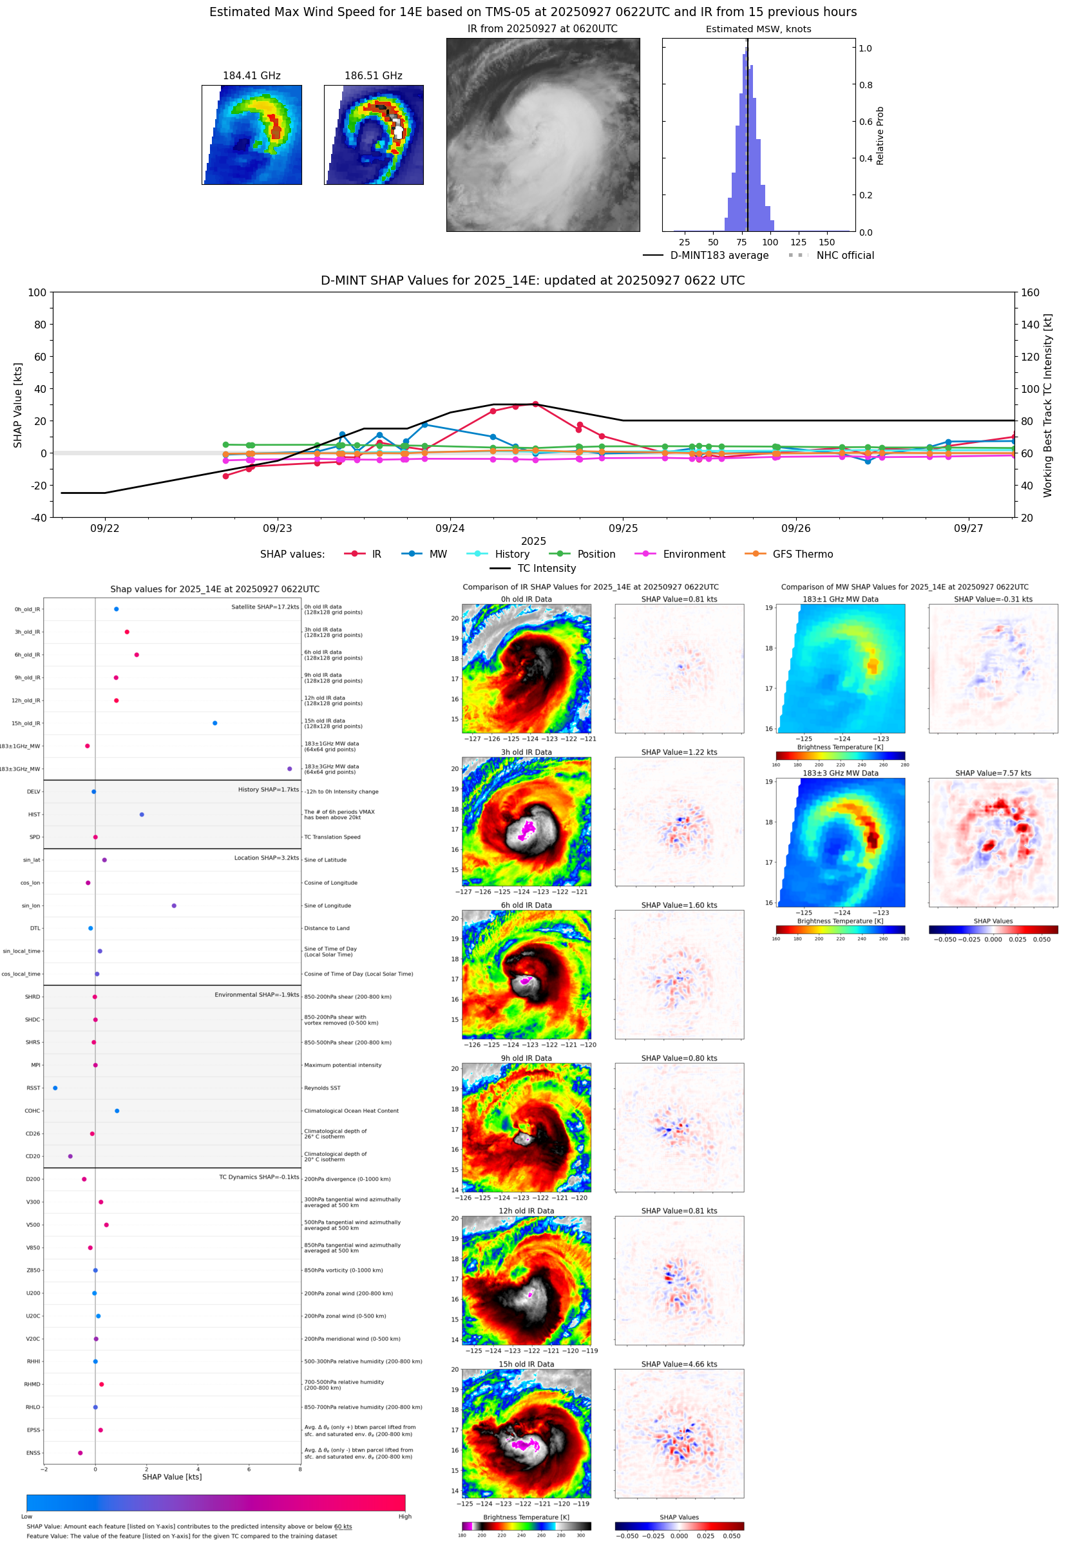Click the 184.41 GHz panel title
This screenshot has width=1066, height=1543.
251,76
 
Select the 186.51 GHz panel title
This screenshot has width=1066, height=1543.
373,76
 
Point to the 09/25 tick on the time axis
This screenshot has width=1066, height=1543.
622,528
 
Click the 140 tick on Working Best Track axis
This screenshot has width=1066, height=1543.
1030,325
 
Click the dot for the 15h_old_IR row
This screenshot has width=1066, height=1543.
214,723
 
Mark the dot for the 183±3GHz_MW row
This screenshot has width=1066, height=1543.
289,768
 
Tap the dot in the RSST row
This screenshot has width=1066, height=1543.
55,1088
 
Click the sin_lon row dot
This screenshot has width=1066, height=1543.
174,905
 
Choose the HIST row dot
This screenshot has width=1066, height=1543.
142,815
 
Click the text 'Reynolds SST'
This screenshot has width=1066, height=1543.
322,1088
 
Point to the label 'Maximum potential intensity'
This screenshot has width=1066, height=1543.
343,1065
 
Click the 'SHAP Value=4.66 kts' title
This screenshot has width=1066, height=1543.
679,1364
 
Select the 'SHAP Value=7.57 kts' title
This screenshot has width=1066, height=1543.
993,773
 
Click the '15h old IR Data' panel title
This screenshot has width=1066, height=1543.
526,1364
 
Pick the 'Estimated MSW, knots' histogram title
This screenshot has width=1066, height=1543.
758,30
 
